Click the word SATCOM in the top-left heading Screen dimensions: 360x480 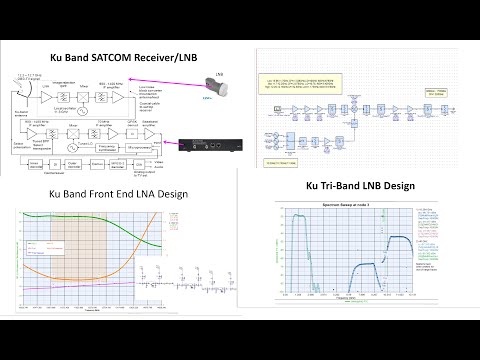click(x=111, y=58)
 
